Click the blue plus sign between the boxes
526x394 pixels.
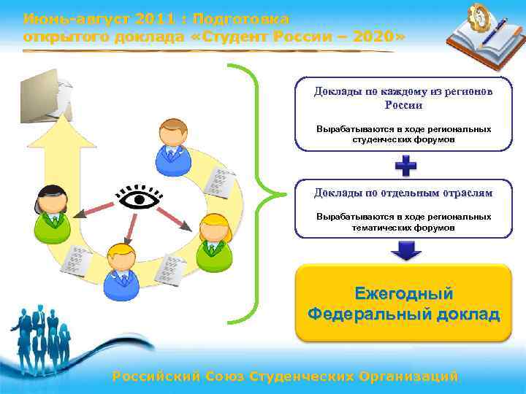405,166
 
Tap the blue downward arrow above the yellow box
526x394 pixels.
405,251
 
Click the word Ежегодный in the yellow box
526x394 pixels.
403,294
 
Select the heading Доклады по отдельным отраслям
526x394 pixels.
403,193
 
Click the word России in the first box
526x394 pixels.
403,105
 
